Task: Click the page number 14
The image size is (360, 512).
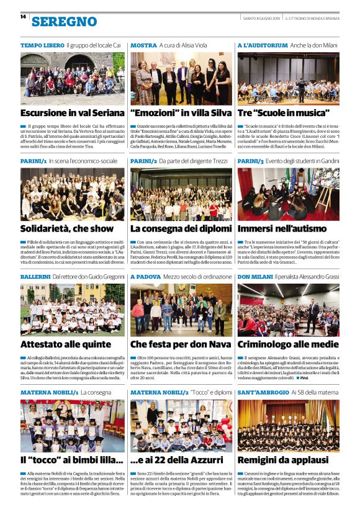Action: point(23,17)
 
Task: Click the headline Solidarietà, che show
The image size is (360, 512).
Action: point(67,228)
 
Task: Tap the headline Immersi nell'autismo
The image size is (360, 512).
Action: point(281,228)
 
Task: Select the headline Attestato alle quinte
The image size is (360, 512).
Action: point(65,344)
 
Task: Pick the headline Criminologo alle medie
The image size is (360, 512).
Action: point(288,344)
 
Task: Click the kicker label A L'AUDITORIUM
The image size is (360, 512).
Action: point(263,46)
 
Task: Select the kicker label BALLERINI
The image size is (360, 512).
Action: point(35,276)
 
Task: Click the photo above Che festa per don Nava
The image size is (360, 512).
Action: point(181,310)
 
